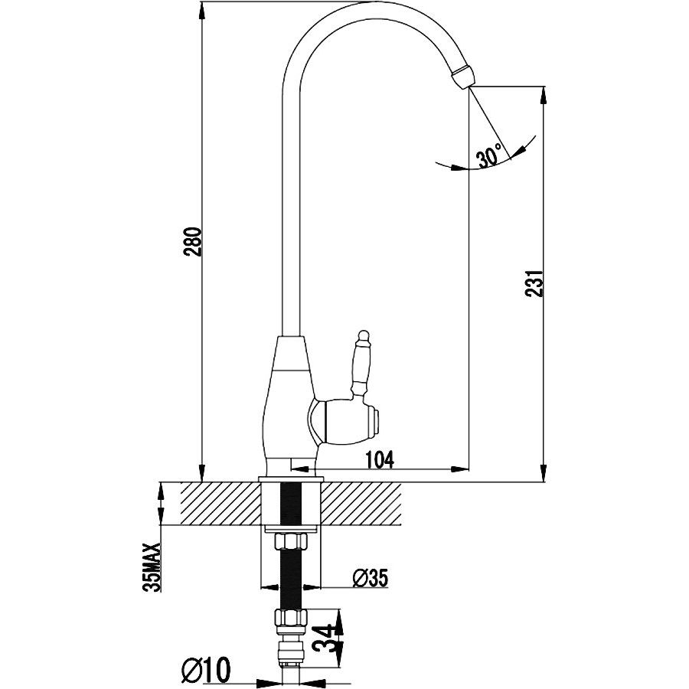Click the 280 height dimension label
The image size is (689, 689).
coord(194,242)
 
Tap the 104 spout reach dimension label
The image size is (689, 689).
coord(380,459)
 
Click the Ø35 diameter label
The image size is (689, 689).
coord(371,578)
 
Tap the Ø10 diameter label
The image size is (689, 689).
coord(206,671)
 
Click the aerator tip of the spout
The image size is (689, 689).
coord(464,76)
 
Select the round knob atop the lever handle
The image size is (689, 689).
coord(363,337)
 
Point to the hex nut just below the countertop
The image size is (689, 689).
coord(289,541)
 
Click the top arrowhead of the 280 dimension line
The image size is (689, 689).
coord(202,10)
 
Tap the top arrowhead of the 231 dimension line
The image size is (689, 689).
coord(544,96)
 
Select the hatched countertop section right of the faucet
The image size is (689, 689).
coord(361,504)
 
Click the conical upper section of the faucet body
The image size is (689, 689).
coord(290,353)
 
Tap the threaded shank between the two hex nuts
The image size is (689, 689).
coord(289,580)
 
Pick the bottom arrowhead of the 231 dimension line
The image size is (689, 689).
coord(544,473)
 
